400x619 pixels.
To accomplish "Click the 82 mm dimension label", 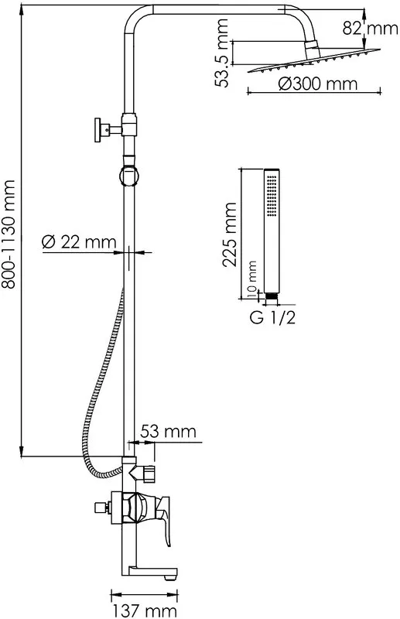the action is point(370,29).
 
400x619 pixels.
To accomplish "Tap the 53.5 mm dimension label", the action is point(222,53).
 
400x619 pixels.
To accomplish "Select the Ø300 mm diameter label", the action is point(317,84).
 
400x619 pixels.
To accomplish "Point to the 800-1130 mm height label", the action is point(9,234).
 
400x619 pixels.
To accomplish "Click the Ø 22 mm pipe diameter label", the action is point(79,241).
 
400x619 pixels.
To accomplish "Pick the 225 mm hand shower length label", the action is point(230,235).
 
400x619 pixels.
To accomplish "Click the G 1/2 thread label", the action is point(273,317).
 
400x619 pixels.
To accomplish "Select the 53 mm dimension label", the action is point(168,431).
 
